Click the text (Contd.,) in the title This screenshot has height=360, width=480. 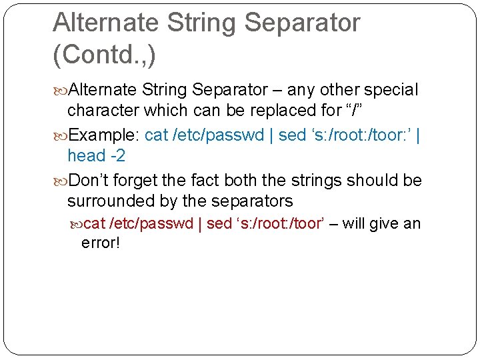[104, 54]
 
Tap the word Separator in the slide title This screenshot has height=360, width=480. [303, 22]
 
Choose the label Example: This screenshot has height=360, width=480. [104, 135]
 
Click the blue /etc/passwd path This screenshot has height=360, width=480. [219, 135]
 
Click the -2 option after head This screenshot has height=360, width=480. [117, 156]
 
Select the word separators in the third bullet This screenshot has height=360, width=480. [255, 201]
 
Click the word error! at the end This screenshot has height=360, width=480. [101, 243]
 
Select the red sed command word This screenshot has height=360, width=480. [219, 223]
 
